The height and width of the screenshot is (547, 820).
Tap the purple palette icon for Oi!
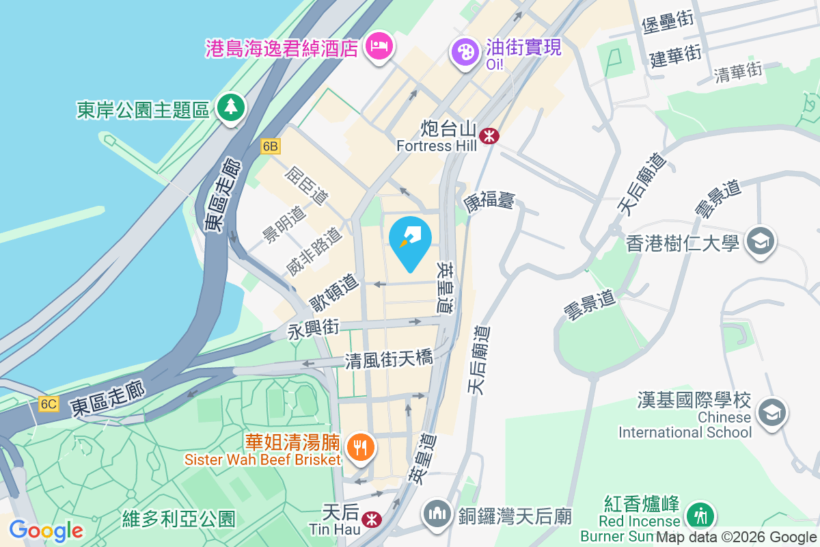pyautogui.click(x=464, y=51)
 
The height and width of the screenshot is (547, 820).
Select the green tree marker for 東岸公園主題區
pyautogui.click(x=231, y=107)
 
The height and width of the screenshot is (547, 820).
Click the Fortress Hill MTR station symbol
pyautogui.click(x=489, y=135)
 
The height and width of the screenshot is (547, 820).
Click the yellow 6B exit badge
pyautogui.click(x=271, y=146)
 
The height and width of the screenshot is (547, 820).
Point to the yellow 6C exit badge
pyautogui.click(x=49, y=403)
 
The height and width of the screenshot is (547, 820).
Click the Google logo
pyautogui.click(x=46, y=531)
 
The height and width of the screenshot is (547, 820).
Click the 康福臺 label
pyautogui.click(x=489, y=202)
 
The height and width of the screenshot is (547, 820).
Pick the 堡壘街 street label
pyautogui.click(x=668, y=22)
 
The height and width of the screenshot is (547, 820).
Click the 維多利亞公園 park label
pyautogui.click(x=178, y=518)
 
